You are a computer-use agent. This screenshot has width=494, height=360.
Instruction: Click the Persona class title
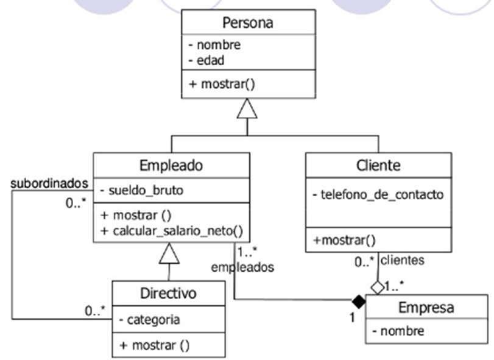[247, 24]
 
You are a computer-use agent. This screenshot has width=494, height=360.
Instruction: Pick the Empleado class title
[171, 166]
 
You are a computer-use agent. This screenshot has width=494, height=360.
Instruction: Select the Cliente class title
[378, 166]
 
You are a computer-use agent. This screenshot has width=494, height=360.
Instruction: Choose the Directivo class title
[168, 293]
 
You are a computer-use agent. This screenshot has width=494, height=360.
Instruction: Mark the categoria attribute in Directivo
[149, 319]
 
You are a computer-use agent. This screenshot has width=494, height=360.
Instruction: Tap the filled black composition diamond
[359, 300]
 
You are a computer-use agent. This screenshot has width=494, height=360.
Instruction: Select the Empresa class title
[426, 307]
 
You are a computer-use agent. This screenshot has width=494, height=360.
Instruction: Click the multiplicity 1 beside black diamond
[353, 317]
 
